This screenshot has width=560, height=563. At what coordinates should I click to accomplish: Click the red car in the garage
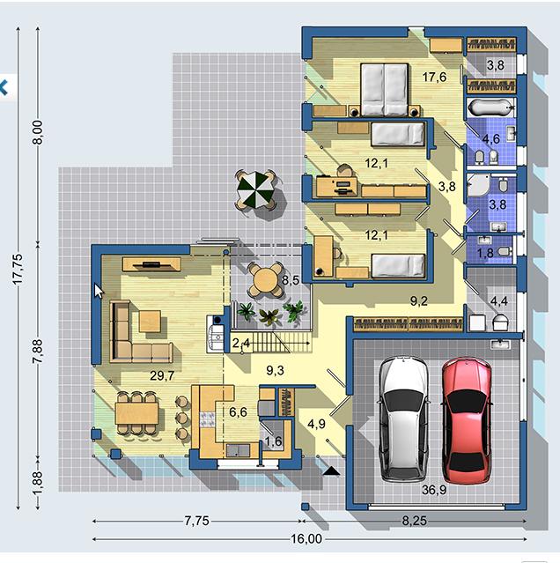(467, 421)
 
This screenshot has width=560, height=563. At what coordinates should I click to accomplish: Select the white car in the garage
(403, 419)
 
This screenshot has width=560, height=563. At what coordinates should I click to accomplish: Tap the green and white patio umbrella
(255, 189)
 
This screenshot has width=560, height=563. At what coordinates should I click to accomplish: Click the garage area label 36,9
(434, 489)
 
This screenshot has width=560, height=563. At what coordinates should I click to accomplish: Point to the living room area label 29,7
(162, 375)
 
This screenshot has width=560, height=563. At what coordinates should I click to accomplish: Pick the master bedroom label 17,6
(434, 77)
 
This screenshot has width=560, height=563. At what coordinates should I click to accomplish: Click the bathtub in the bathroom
(490, 107)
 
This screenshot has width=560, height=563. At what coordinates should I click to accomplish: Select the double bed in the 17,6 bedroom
(384, 90)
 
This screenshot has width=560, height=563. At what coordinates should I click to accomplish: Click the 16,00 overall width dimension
(306, 538)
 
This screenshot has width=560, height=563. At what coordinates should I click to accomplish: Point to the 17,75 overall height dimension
(18, 269)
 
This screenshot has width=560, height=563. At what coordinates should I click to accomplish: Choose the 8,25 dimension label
(415, 521)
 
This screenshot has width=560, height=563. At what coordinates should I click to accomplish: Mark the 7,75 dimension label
(197, 521)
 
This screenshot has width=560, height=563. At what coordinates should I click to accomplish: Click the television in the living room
(151, 265)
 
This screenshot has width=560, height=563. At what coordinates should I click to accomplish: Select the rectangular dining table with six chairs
(136, 413)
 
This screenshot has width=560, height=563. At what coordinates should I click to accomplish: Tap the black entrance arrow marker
(331, 471)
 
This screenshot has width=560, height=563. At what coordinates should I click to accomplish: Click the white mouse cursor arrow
(99, 291)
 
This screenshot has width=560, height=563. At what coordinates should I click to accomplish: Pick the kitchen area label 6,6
(238, 411)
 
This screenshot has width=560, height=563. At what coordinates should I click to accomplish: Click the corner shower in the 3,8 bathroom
(477, 185)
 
